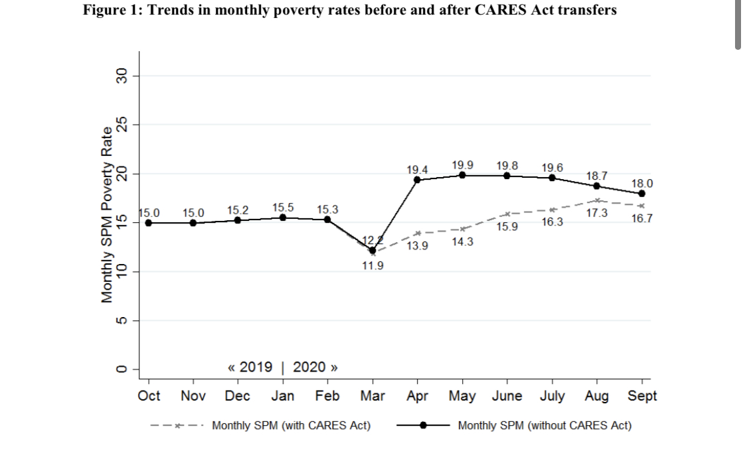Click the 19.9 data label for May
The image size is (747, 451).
pyautogui.click(x=462, y=164)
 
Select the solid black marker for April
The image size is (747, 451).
pyautogui.click(x=417, y=180)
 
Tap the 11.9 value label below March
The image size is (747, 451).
pyautogui.click(x=372, y=266)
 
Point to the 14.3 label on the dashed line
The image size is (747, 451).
pyautogui.click(x=462, y=242)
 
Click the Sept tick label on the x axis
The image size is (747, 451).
pyautogui.click(x=642, y=396)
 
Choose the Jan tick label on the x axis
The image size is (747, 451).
pyautogui.click(x=284, y=396)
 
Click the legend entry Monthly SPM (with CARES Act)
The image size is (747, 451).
pyautogui.click(x=291, y=425)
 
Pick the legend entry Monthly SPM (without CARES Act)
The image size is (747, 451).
pyautogui.click(x=544, y=425)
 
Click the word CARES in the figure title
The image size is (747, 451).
pyautogui.click(x=505, y=11)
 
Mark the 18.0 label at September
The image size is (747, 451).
pyautogui.click(x=642, y=183)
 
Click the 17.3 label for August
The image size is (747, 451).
pyautogui.click(x=596, y=213)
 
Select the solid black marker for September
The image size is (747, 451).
pyautogui.click(x=642, y=194)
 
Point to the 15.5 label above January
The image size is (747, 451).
pyautogui.click(x=284, y=208)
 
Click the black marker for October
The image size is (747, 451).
pyautogui.click(x=148, y=223)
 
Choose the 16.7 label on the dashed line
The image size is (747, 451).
pyautogui.click(x=642, y=218)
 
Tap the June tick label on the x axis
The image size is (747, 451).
pyautogui.click(x=507, y=396)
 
